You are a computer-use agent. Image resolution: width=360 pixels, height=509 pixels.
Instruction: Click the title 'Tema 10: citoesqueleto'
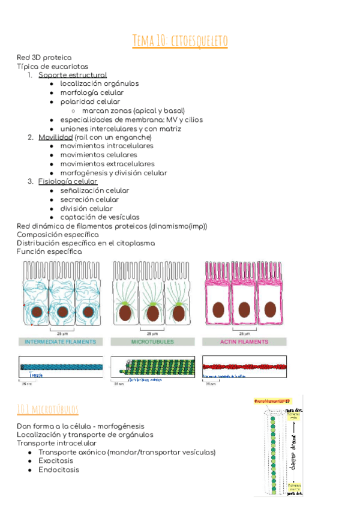[x=180, y=41]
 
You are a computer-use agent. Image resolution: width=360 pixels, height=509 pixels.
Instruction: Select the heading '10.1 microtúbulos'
[x=48, y=409]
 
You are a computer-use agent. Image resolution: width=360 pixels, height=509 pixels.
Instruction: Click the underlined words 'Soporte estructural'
[x=73, y=75]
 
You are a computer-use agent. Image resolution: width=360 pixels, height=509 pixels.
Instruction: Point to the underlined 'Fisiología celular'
[x=68, y=181]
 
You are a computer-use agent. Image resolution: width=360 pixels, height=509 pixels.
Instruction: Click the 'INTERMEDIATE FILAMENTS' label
[x=60, y=342]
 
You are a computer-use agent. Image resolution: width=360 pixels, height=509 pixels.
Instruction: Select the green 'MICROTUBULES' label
[x=152, y=342]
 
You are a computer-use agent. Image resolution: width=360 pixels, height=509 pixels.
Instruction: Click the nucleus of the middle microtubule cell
[x=153, y=313]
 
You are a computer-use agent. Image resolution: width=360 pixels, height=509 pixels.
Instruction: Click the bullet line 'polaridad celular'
[x=90, y=101]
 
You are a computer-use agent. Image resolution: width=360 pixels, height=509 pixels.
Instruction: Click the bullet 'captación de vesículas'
[x=100, y=217]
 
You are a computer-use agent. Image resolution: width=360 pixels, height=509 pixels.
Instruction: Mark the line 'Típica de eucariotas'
[x=52, y=66]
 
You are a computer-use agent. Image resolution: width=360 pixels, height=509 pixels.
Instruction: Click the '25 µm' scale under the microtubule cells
[x=152, y=332]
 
